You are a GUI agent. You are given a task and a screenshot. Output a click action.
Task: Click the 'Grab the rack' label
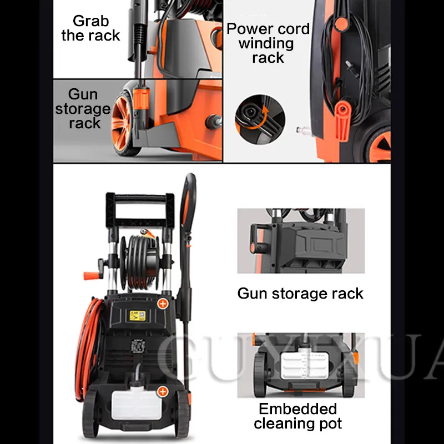coord(90,29)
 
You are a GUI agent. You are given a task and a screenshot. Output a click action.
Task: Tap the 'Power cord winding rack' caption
coord(268,43)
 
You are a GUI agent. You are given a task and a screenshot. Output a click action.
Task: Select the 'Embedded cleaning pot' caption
coord(297,416)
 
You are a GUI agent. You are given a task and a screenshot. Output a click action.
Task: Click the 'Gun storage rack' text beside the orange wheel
coord(82,109)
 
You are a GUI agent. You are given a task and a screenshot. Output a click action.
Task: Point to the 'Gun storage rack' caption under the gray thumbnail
coord(300,293)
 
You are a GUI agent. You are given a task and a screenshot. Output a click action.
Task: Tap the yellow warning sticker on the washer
coord(135,315)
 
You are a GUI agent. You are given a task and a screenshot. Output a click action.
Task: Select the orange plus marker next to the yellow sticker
coord(163,303)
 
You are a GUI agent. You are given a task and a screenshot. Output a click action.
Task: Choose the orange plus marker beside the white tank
coord(163,392)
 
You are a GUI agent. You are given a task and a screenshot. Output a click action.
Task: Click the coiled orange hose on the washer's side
coord(92,344)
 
